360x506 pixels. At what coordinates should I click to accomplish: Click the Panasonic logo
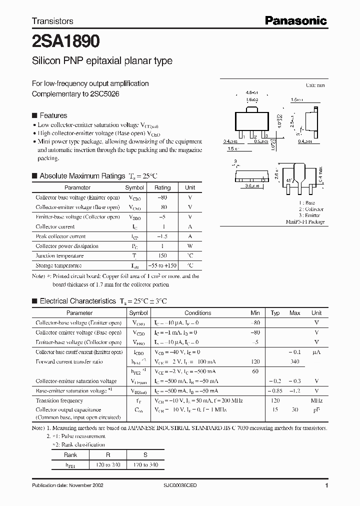click(295, 20)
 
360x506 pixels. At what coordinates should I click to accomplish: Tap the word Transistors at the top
click(52, 21)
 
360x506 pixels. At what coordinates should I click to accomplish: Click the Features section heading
click(53, 115)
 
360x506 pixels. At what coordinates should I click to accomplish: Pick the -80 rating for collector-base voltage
click(162, 197)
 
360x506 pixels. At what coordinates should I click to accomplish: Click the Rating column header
click(162, 187)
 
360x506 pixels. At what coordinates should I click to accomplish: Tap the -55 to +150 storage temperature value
click(162, 265)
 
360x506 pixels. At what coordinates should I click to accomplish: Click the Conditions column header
click(198, 313)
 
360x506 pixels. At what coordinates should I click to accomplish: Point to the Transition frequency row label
click(59, 400)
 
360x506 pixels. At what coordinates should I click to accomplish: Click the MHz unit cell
click(316, 400)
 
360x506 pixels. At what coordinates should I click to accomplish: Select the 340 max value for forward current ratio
click(295, 361)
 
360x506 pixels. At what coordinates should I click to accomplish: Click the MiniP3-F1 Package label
click(305, 221)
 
